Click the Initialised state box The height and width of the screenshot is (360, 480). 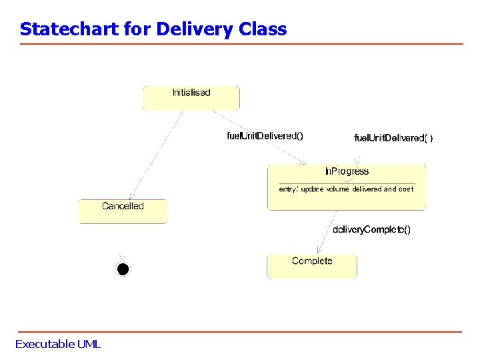[191, 97]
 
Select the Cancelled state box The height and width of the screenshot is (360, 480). [123, 211]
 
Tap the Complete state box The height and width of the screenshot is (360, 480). [311, 265]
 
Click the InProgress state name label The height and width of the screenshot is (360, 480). [347, 172]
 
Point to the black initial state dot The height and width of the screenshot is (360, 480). [122, 269]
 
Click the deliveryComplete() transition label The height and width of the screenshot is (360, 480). [371, 230]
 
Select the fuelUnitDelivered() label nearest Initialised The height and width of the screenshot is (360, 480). [265, 136]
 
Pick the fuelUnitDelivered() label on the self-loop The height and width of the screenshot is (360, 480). [393, 138]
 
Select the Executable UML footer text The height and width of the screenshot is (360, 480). [58, 344]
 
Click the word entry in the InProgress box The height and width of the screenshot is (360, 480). [287, 189]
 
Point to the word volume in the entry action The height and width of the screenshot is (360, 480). [337, 189]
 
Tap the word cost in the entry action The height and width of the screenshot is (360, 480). [406, 189]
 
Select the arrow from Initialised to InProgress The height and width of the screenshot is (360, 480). [260, 139]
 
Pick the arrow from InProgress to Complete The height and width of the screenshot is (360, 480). [327, 232]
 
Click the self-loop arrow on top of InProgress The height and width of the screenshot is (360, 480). [358, 161]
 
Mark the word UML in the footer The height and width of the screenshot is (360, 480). [88, 344]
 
